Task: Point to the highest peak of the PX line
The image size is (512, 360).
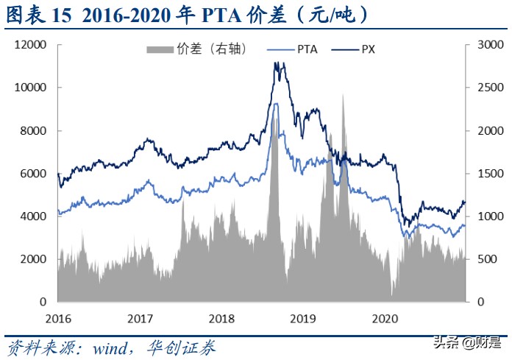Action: (277, 63)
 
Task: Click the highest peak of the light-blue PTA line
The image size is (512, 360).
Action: (276, 104)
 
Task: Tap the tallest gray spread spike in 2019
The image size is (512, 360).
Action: (342, 95)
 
